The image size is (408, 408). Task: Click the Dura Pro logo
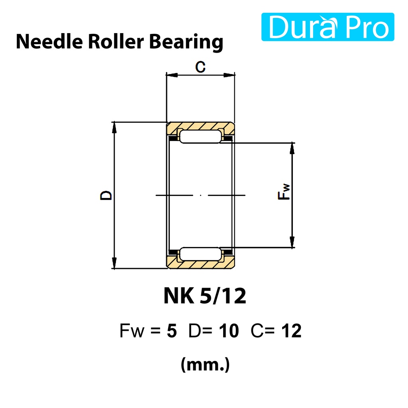(x=328, y=27)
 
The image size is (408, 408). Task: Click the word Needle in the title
(x=49, y=41)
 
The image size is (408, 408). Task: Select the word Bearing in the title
(x=186, y=42)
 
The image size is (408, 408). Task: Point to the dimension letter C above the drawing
(x=200, y=67)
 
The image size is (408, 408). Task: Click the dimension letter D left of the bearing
(x=106, y=195)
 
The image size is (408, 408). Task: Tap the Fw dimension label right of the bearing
(x=284, y=192)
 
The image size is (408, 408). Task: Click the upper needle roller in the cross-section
(x=200, y=137)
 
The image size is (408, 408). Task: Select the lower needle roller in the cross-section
(x=200, y=254)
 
